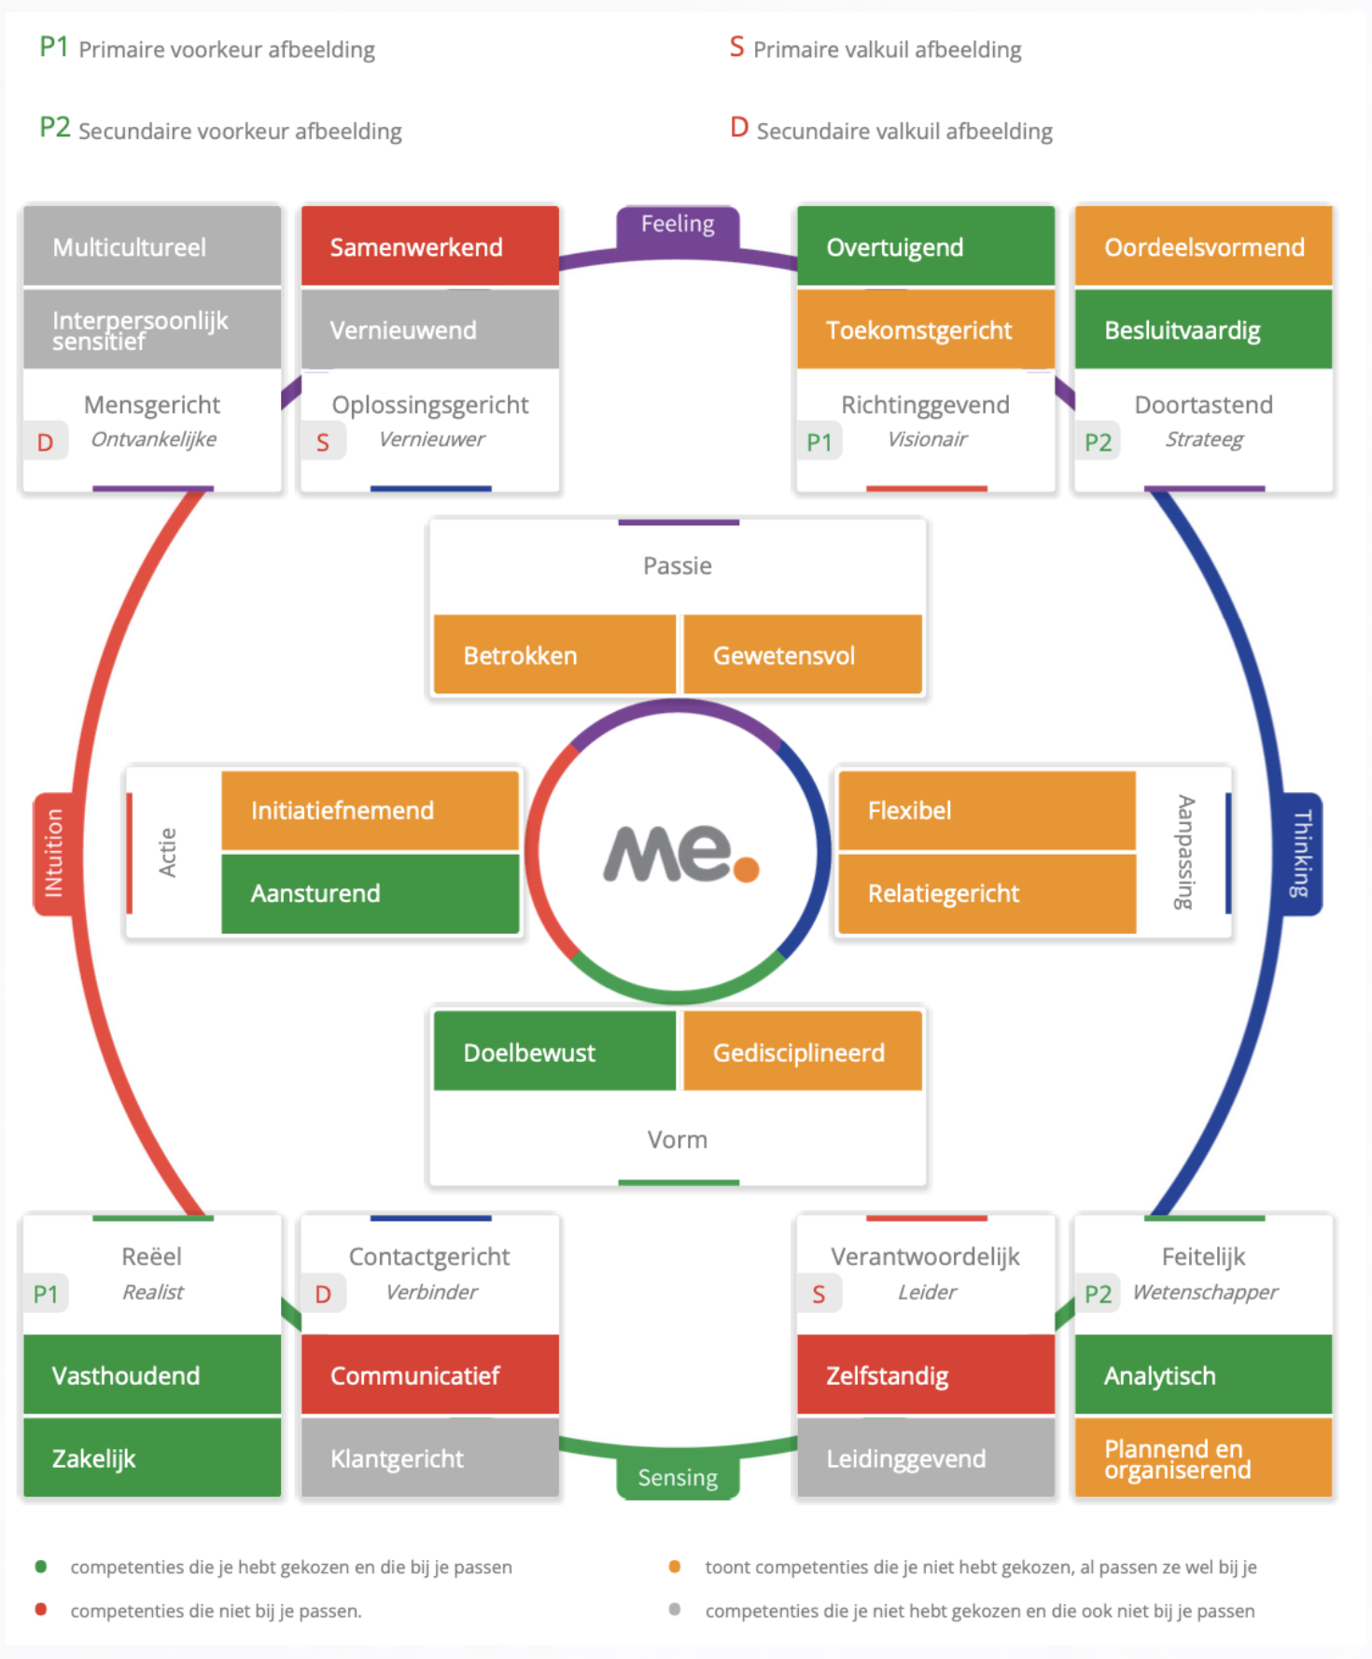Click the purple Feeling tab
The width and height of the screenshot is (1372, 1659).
[678, 226]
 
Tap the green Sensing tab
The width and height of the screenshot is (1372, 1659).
[678, 1477]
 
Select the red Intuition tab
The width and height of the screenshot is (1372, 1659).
[54, 853]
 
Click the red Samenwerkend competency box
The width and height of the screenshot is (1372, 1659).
[430, 246]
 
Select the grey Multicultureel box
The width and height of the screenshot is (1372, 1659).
[152, 246]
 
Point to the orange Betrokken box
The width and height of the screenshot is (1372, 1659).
[554, 655]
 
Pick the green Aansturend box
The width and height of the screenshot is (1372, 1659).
[370, 893]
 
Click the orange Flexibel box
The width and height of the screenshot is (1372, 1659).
[987, 810]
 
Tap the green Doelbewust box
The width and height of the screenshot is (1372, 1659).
[554, 1052]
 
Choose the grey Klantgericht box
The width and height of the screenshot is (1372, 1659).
[430, 1457]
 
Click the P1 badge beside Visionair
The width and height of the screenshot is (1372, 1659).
[819, 442]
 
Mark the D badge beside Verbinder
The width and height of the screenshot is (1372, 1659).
[323, 1294]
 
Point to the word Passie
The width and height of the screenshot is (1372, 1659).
[678, 565]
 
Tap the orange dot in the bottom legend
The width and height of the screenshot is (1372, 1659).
[675, 1567]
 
